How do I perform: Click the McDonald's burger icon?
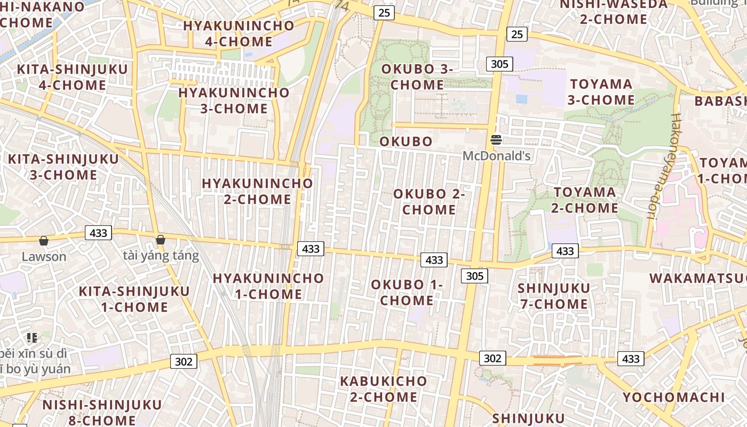496,140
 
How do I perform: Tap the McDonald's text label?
496,156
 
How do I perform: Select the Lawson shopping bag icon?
44,241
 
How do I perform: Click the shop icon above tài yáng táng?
160,240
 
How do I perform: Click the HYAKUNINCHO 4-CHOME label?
239,33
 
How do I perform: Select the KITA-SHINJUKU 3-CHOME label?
63,167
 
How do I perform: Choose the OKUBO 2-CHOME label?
429,202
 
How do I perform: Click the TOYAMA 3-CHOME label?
601,92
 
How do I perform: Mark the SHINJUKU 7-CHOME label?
554,296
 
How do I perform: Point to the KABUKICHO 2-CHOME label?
384,389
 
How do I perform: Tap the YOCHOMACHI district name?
674,398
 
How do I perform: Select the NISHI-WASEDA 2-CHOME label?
614,12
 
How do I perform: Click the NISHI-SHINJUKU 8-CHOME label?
102,412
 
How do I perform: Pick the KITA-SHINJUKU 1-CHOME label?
134,299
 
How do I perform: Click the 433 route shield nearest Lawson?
98,233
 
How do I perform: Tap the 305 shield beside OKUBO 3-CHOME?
499,64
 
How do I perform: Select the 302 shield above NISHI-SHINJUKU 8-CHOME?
184,361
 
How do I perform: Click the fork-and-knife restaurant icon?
32,337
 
